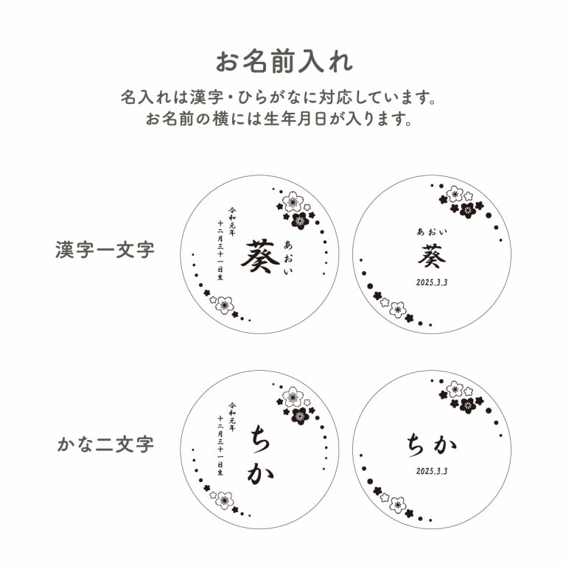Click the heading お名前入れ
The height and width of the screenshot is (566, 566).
click(284, 62)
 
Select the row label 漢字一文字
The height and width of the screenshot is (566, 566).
click(105, 249)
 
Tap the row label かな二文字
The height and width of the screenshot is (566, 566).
click(106, 444)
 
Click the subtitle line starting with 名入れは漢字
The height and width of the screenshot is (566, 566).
click(279, 97)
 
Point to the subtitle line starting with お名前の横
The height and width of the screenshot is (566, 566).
click(279, 119)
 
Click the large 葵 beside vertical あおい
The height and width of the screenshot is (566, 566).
click(259, 256)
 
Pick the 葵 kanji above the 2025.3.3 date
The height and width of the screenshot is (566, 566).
click(432, 256)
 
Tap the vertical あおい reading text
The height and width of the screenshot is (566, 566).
click(288, 257)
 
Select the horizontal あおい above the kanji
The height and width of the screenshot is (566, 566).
click(432, 231)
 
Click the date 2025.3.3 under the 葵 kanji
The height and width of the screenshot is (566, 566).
click(432, 282)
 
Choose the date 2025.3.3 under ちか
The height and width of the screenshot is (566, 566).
click(432, 471)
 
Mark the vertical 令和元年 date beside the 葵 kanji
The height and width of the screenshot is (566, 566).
click(226, 243)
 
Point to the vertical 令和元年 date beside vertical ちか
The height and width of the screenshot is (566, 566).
click(226, 439)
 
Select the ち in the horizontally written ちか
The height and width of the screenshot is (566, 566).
click(416, 445)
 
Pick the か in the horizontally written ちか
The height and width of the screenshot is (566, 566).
click(445, 445)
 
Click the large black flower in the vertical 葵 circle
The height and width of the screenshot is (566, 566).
click(300, 220)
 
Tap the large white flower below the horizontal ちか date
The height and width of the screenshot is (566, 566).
click(398, 505)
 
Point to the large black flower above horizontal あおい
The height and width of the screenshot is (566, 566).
click(468, 211)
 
